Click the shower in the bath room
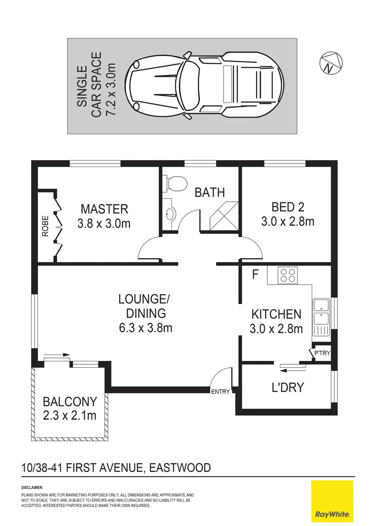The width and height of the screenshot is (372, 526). coord(223,215)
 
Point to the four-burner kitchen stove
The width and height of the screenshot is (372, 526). coord(287,275)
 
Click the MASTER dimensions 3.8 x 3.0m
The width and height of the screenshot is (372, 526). coord(104,224)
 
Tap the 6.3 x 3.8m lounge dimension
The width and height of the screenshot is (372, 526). coord(145,327)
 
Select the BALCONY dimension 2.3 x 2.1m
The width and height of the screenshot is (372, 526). coord(70,415)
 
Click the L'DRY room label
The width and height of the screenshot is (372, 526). coord(287,387)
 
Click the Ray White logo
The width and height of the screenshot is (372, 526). coord(332,501)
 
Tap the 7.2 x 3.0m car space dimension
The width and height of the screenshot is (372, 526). coord(111,85)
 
